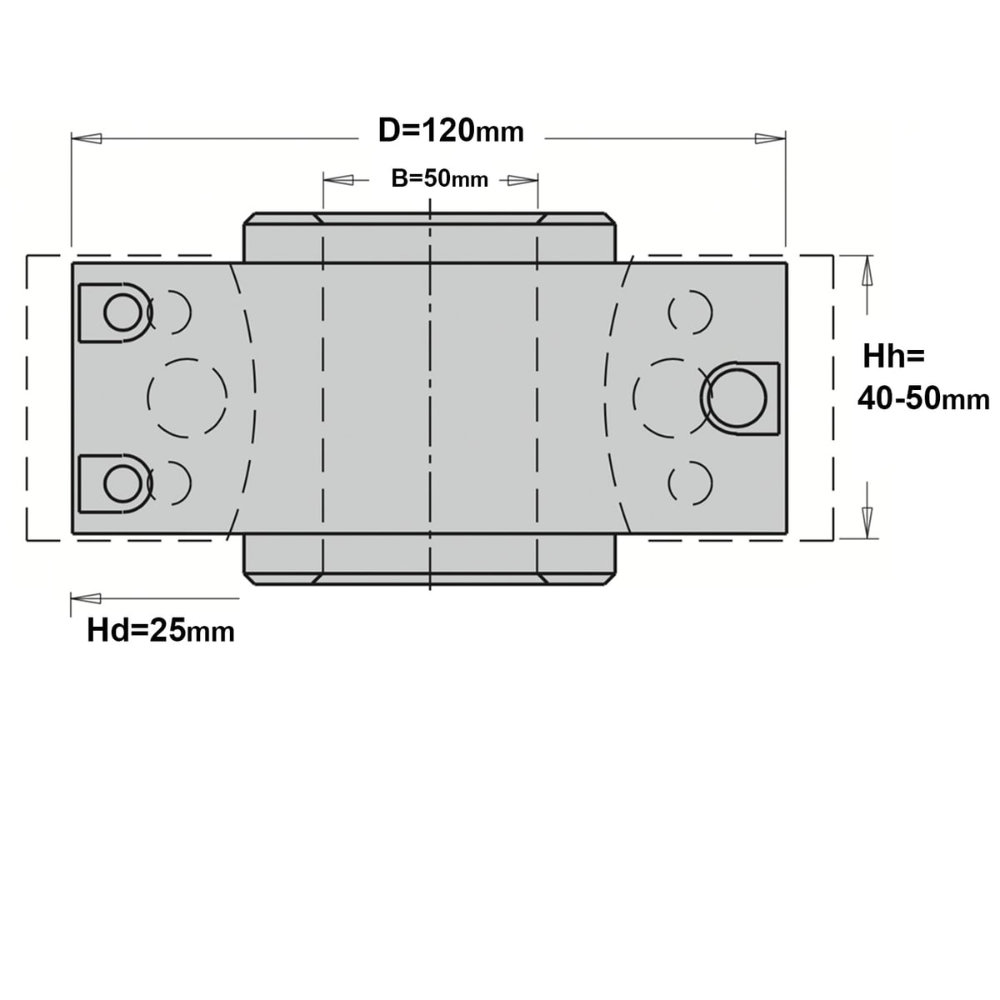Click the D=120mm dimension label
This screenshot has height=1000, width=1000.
[x=451, y=131]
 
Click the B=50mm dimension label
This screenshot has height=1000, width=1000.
[x=439, y=179]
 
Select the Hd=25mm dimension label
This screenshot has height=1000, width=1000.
[x=160, y=631]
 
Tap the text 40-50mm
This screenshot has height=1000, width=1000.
[x=923, y=400]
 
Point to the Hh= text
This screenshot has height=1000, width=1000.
[x=893, y=357]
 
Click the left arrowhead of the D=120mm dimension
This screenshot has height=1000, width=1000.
[x=86, y=138]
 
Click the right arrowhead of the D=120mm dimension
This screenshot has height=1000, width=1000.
[x=770, y=138]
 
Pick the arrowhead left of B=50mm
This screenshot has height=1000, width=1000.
[x=338, y=180]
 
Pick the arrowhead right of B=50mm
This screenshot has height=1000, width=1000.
[x=522, y=180]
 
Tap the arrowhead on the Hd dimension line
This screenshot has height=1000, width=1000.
[x=86, y=598]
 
